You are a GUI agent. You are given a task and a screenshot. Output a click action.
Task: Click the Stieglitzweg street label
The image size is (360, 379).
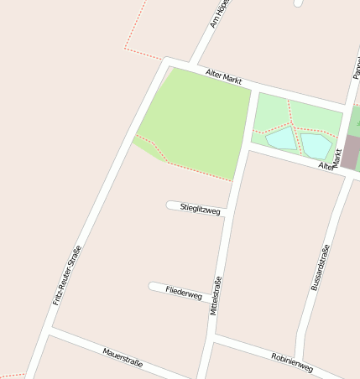coord(200,208)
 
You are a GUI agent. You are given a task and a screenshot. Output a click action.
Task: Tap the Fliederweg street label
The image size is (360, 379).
coord(184,293)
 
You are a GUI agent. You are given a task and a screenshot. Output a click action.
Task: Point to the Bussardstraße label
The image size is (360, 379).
coord(320,267)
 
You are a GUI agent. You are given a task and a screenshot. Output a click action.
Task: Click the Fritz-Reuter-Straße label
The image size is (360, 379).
coord(67,274)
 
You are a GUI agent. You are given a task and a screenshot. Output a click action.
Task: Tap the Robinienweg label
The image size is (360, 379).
coord(292,362)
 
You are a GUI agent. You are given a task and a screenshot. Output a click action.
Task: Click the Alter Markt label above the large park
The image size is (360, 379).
coord(223,77)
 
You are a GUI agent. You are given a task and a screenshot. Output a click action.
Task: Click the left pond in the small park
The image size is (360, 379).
coord(281,138)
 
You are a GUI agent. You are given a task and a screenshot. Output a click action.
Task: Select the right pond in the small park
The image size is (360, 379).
coord(316,145)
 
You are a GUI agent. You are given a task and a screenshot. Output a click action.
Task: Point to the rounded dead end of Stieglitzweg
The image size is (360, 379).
coord(170,205)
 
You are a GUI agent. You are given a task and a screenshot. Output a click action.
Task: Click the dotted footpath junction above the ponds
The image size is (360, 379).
coord(290,123)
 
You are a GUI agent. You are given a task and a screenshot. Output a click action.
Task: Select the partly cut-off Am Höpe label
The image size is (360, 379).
coord(220,14)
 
